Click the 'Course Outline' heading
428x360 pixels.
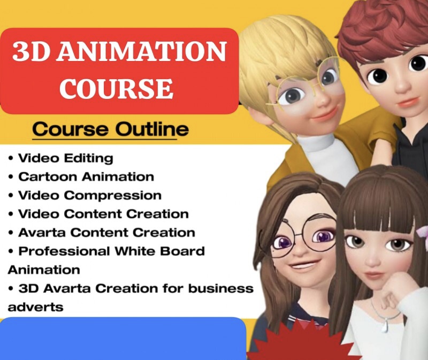110,129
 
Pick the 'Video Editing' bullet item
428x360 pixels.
65,158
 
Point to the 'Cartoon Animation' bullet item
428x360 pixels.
86,177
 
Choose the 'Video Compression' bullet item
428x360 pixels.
89,195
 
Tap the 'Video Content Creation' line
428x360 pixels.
103,214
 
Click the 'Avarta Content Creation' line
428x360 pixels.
106,233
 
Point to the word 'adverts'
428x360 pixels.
35,308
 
